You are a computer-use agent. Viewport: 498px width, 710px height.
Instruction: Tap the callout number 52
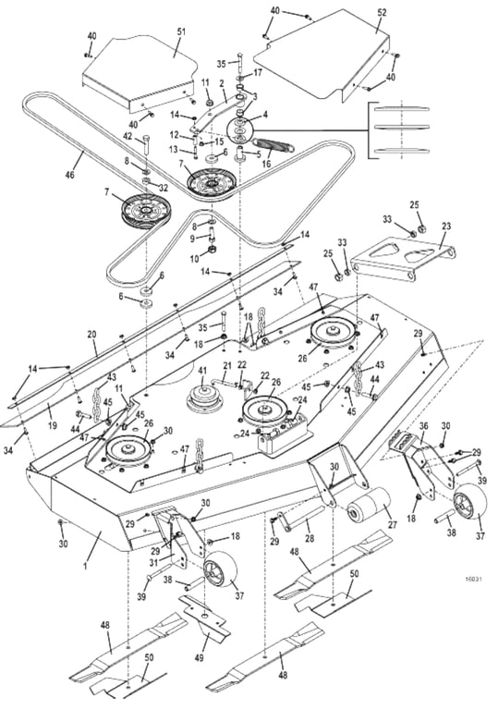pyautogui.click(x=383, y=12)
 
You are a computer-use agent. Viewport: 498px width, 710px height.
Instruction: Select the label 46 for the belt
pyautogui.click(x=70, y=173)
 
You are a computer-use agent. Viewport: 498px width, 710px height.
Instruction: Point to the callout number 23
pyautogui.click(x=446, y=226)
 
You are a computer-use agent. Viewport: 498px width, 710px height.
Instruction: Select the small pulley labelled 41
pyautogui.click(x=202, y=400)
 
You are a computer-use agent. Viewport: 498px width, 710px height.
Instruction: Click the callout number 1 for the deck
pyautogui.click(x=85, y=566)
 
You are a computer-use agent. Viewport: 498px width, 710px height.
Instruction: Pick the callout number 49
pyautogui.click(x=200, y=657)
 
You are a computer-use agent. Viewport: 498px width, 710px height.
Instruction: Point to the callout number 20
pyautogui.click(x=91, y=334)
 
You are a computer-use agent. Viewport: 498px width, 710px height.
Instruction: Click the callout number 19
pyautogui.click(x=53, y=424)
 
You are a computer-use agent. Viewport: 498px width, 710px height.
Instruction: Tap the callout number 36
pyautogui.click(x=424, y=425)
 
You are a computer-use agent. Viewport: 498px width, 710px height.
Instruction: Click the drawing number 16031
pyautogui.click(x=473, y=579)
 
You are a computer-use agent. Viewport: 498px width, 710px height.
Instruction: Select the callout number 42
pyautogui.click(x=128, y=135)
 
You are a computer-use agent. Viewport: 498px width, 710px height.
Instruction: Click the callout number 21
pyautogui.click(x=227, y=365)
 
